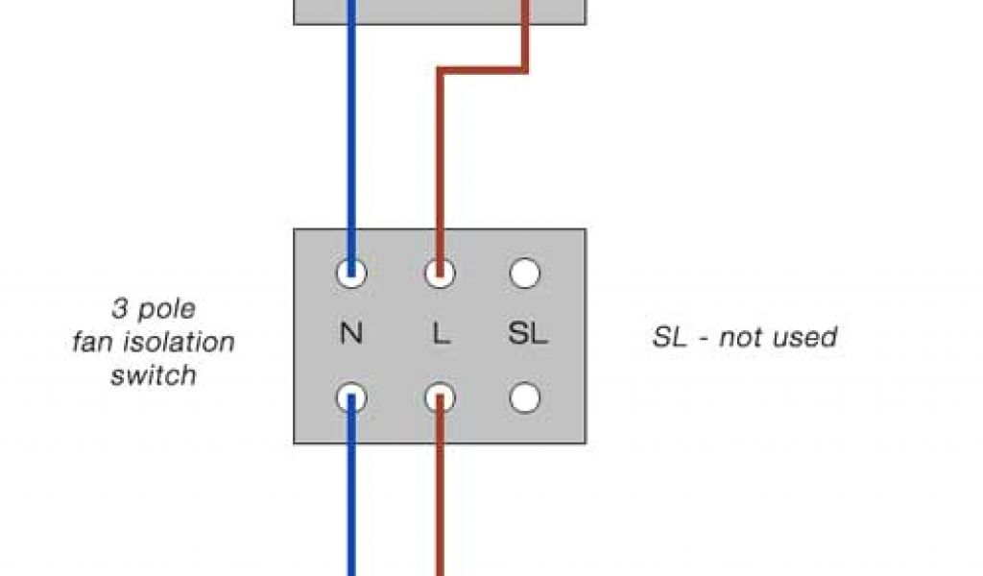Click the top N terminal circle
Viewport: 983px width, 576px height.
[351, 275]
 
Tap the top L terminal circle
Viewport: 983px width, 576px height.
[440, 275]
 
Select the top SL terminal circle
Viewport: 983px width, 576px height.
[524, 275]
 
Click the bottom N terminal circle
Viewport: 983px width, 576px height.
[351, 396]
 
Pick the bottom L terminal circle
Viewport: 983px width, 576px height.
[440, 396]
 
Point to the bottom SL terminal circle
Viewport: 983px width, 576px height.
[524, 396]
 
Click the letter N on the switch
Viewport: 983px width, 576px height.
[351, 335]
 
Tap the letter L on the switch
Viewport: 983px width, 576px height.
[441, 335]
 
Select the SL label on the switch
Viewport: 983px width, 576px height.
[527, 335]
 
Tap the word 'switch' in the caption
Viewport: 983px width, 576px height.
[154, 374]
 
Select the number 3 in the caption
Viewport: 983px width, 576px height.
[120, 309]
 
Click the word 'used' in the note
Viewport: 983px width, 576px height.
[803, 337]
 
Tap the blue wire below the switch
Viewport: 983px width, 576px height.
[351, 499]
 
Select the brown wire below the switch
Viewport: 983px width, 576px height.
[440, 499]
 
